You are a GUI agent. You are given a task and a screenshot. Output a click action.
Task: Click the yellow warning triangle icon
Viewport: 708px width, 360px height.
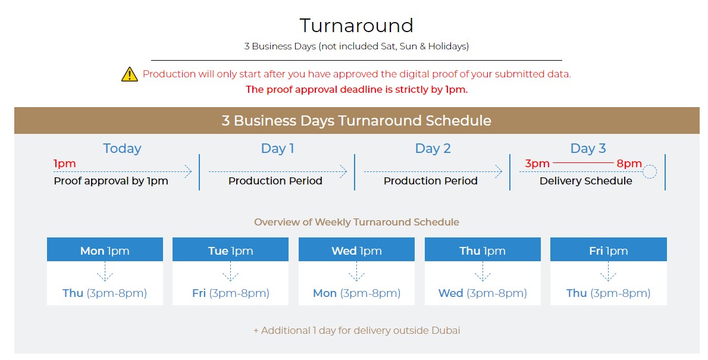tap(130, 74)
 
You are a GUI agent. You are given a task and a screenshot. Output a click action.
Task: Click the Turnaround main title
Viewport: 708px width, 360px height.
tap(356, 26)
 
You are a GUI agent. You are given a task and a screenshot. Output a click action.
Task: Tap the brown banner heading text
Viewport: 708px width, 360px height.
tap(356, 121)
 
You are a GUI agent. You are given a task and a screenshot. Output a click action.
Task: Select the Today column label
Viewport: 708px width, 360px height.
tap(122, 149)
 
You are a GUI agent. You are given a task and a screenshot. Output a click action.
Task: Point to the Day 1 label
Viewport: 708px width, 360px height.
tap(277, 149)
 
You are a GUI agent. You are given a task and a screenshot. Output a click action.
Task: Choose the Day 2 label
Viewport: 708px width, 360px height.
tap(433, 149)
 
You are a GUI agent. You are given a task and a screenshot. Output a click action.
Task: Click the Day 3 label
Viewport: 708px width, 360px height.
tap(588, 149)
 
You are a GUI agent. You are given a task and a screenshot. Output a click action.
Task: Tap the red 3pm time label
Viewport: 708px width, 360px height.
tap(537, 164)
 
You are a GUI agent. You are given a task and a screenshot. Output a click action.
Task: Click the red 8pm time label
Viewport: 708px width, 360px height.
tap(629, 164)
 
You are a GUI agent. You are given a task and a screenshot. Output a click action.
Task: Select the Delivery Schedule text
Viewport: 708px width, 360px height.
tap(585, 181)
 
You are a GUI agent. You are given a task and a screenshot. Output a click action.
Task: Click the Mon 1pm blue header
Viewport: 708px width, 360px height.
tap(105, 249)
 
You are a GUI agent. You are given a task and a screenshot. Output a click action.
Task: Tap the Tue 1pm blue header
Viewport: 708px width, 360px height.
tap(230, 249)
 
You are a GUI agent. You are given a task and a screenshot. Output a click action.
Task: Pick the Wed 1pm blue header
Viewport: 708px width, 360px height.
tap(356, 249)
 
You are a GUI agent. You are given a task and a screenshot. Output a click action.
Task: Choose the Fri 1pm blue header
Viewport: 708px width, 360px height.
tap(608, 249)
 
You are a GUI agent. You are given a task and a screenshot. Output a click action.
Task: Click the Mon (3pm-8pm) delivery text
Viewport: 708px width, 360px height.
tap(357, 293)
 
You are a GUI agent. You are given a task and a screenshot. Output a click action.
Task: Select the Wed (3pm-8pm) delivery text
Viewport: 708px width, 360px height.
tap(483, 293)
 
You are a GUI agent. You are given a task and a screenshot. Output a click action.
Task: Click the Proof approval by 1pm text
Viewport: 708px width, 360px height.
tap(111, 181)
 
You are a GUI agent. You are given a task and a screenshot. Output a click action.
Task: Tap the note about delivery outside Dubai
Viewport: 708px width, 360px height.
tap(357, 331)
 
